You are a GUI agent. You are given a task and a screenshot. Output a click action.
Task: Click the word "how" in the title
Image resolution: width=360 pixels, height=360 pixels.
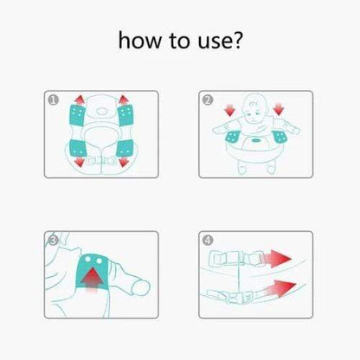pyautogui.click(x=140, y=41)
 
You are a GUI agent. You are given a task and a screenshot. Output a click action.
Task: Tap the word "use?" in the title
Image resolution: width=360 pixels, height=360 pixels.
pyautogui.click(x=220, y=41)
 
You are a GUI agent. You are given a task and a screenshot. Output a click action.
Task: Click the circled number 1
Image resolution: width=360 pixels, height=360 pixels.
pyautogui.click(x=54, y=100)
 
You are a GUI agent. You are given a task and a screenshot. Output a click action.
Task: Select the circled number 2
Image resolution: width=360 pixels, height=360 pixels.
pyautogui.click(x=208, y=100)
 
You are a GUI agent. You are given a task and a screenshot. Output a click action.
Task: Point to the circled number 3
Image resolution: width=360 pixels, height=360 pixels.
pyautogui.click(x=54, y=241)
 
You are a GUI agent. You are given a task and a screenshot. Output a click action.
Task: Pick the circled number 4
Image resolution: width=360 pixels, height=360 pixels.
pyautogui.click(x=208, y=241)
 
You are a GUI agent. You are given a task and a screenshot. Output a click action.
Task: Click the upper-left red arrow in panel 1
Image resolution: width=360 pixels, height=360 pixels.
pyautogui.click(x=80, y=100)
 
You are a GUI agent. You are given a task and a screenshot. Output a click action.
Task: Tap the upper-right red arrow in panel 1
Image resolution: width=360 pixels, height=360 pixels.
pyautogui.click(x=124, y=100)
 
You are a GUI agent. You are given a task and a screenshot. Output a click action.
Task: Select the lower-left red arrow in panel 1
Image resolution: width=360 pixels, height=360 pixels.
pyautogui.click(x=80, y=162)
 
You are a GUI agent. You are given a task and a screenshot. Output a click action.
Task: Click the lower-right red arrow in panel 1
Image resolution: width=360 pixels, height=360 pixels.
pyautogui.click(x=124, y=162)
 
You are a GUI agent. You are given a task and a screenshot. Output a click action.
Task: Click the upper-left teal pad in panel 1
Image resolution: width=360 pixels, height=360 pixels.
pyautogui.click(x=78, y=115)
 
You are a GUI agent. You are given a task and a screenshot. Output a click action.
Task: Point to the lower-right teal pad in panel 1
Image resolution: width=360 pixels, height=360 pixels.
pyautogui.click(x=125, y=148)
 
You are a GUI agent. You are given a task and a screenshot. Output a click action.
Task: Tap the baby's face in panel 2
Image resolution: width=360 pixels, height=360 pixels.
pyautogui.click(x=254, y=109)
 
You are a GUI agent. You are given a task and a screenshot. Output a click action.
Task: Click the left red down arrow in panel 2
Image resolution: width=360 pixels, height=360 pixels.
pyautogui.click(x=230, y=110)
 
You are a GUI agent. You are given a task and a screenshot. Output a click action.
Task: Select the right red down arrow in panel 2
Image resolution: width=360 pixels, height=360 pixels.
pyautogui.click(x=279, y=110)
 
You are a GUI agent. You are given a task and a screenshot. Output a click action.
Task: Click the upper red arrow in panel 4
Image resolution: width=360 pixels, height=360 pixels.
pyautogui.click(x=278, y=259)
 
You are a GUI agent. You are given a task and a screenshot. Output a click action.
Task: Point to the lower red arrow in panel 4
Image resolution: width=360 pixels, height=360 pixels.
pyautogui.click(x=280, y=288)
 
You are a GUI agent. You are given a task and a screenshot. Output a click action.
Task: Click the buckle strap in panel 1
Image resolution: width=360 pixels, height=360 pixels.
pyautogui.click(x=101, y=160)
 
